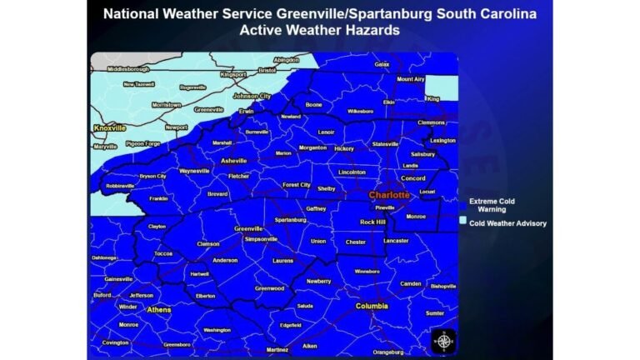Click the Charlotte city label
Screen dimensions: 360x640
click(389, 195)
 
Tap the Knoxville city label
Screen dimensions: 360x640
click(109, 127)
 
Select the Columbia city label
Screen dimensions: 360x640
click(372, 306)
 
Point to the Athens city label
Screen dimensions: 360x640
click(158, 310)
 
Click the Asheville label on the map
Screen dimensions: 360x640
click(233, 160)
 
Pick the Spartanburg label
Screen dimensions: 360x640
click(291, 219)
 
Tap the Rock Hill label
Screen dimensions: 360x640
click(372, 222)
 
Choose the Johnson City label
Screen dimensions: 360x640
click(252, 96)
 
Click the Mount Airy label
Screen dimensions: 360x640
click(410, 79)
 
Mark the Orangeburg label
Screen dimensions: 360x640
click(387, 352)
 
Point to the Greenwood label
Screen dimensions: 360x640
click(269, 288)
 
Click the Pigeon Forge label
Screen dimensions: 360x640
click(142, 143)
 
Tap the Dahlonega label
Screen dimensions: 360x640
click(104, 257)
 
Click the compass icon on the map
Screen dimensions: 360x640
click(444, 340)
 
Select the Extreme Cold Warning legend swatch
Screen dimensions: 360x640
click(462, 202)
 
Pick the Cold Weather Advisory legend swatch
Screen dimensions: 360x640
click(462, 222)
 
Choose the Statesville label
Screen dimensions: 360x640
click(385, 144)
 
